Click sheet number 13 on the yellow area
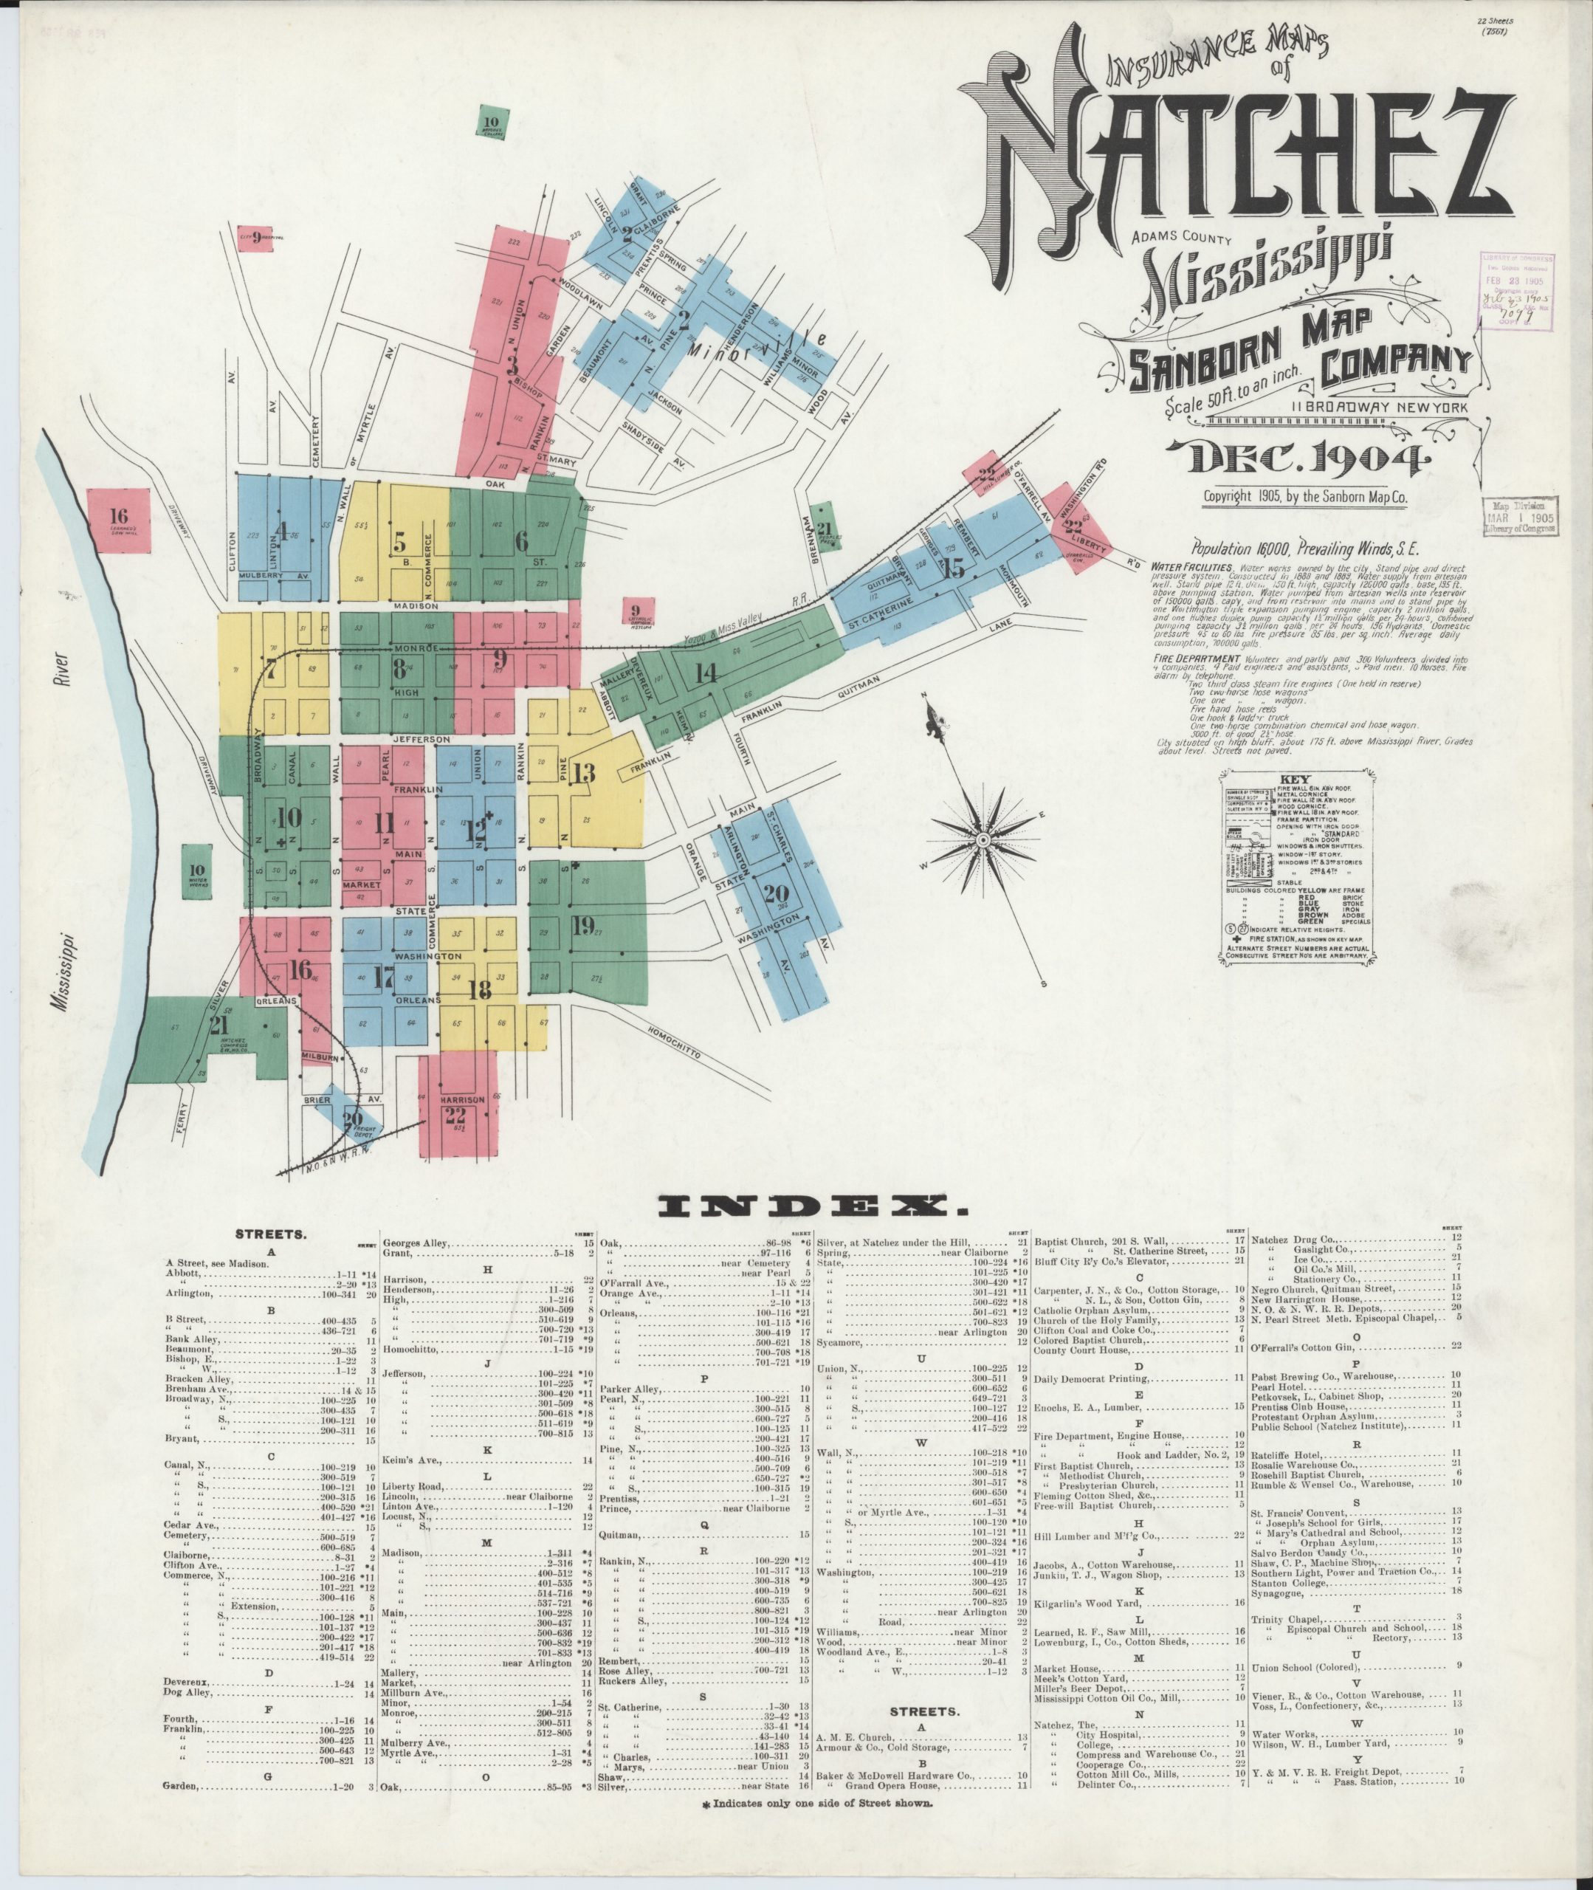(583, 773)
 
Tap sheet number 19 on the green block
(582, 926)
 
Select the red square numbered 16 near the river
(119, 520)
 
